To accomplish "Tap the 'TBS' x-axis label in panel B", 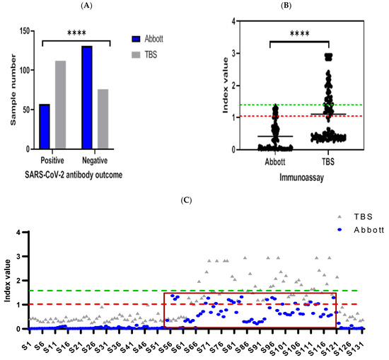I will [x=328, y=160].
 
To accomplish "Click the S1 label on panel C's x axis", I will [x=26, y=340].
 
